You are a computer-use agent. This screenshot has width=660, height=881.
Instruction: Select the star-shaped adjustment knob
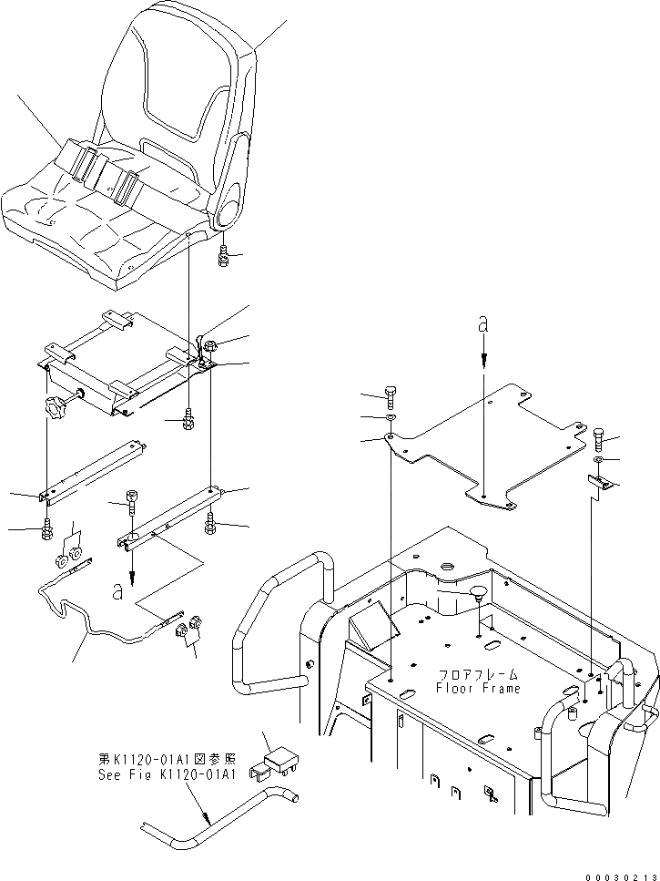tap(56, 411)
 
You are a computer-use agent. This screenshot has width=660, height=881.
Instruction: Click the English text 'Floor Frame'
tap(478, 689)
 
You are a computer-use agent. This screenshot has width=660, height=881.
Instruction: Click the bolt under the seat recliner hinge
tap(224, 257)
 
